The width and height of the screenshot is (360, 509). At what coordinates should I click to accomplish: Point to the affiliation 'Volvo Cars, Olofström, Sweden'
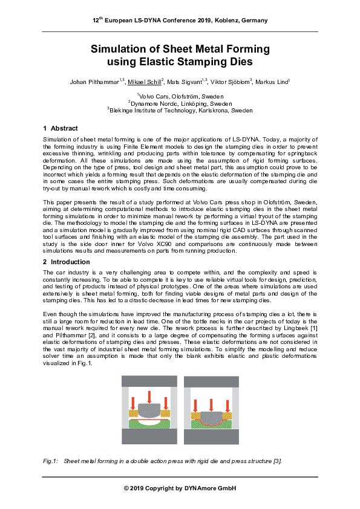180,97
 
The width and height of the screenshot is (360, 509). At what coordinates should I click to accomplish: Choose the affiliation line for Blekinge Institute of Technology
180,111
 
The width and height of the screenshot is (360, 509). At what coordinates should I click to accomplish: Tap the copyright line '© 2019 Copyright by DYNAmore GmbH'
180,488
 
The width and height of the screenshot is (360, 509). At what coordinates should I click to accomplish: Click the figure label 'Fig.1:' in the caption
51,461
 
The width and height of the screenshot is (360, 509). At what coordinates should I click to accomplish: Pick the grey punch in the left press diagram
149,410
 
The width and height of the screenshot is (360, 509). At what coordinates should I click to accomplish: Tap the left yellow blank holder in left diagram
133,413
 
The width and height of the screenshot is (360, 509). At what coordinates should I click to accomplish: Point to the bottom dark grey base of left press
149,436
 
